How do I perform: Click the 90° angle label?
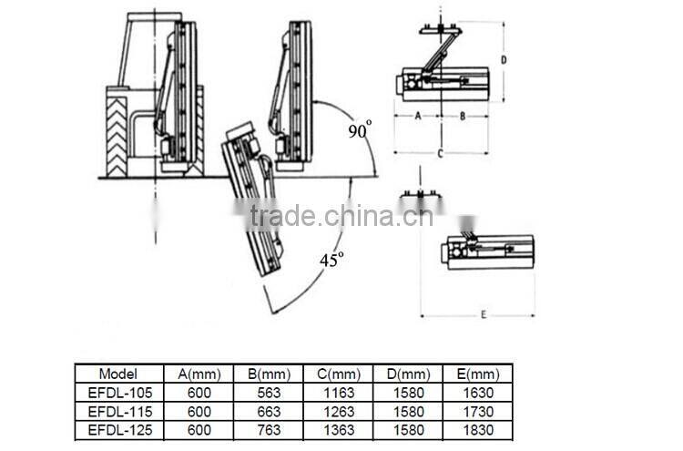[360, 130]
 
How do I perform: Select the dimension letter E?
[483, 314]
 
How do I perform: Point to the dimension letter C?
[440, 154]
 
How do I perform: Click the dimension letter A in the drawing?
[417, 116]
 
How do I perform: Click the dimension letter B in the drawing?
[462, 116]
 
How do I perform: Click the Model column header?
[118, 374]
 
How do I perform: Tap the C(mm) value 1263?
[337, 410]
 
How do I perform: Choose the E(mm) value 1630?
[478, 392]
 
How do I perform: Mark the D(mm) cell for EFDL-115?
[408, 410]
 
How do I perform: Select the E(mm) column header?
[478, 374]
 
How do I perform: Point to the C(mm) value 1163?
[337, 392]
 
